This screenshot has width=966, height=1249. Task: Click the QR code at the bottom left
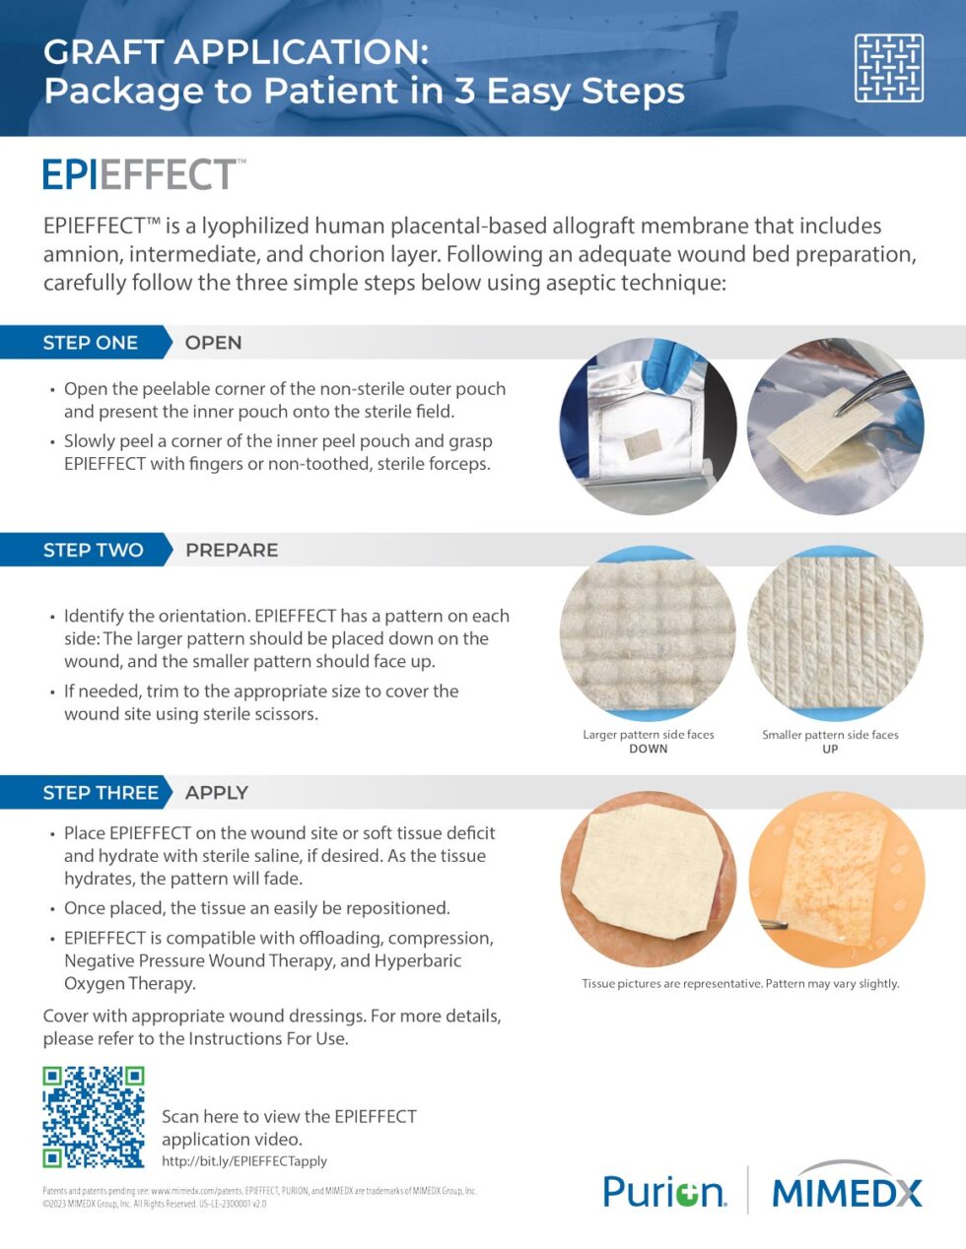tap(94, 1116)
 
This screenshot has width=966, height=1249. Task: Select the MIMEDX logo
tap(847, 1192)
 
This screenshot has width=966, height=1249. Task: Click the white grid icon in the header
tap(888, 68)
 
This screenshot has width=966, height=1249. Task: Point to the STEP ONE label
tap(90, 343)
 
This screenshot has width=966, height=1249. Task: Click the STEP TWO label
tap(93, 550)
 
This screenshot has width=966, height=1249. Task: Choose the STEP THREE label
tap(100, 793)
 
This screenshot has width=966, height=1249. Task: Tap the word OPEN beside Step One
tap(213, 343)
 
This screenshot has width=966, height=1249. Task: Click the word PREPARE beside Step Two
tap(232, 550)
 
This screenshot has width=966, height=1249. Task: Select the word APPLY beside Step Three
tap(217, 793)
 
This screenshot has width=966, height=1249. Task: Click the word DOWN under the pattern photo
tap(648, 749)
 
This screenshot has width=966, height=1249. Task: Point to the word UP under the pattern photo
tap(830, 749)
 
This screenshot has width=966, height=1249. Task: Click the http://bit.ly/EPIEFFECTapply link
tap(244, 1161)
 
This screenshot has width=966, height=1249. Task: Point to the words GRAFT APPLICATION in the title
tap(236, 52)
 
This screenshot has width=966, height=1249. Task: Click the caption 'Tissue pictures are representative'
tap(740, 983)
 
